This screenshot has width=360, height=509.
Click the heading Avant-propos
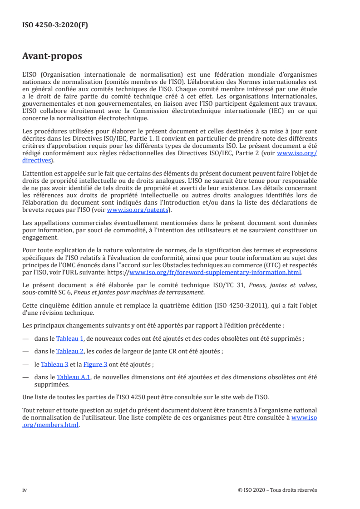click(52, 56)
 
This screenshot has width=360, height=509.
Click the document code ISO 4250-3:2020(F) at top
click(55, 25)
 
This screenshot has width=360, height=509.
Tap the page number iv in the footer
click(25, 490)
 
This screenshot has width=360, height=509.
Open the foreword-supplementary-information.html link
click(215, 272)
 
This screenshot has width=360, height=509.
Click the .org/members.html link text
click(50, 425)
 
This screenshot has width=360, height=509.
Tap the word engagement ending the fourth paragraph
click(40, 237)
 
